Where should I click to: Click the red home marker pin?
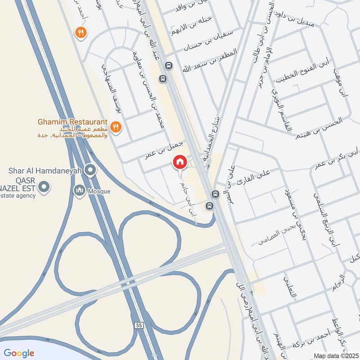(180, 162)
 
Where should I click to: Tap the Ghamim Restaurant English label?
(72, 122)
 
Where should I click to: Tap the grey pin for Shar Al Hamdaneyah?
(91, 170)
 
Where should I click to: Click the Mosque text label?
(99, 191)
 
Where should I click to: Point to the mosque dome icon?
(80, 191)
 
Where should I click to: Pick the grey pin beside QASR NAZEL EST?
(44, 186)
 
